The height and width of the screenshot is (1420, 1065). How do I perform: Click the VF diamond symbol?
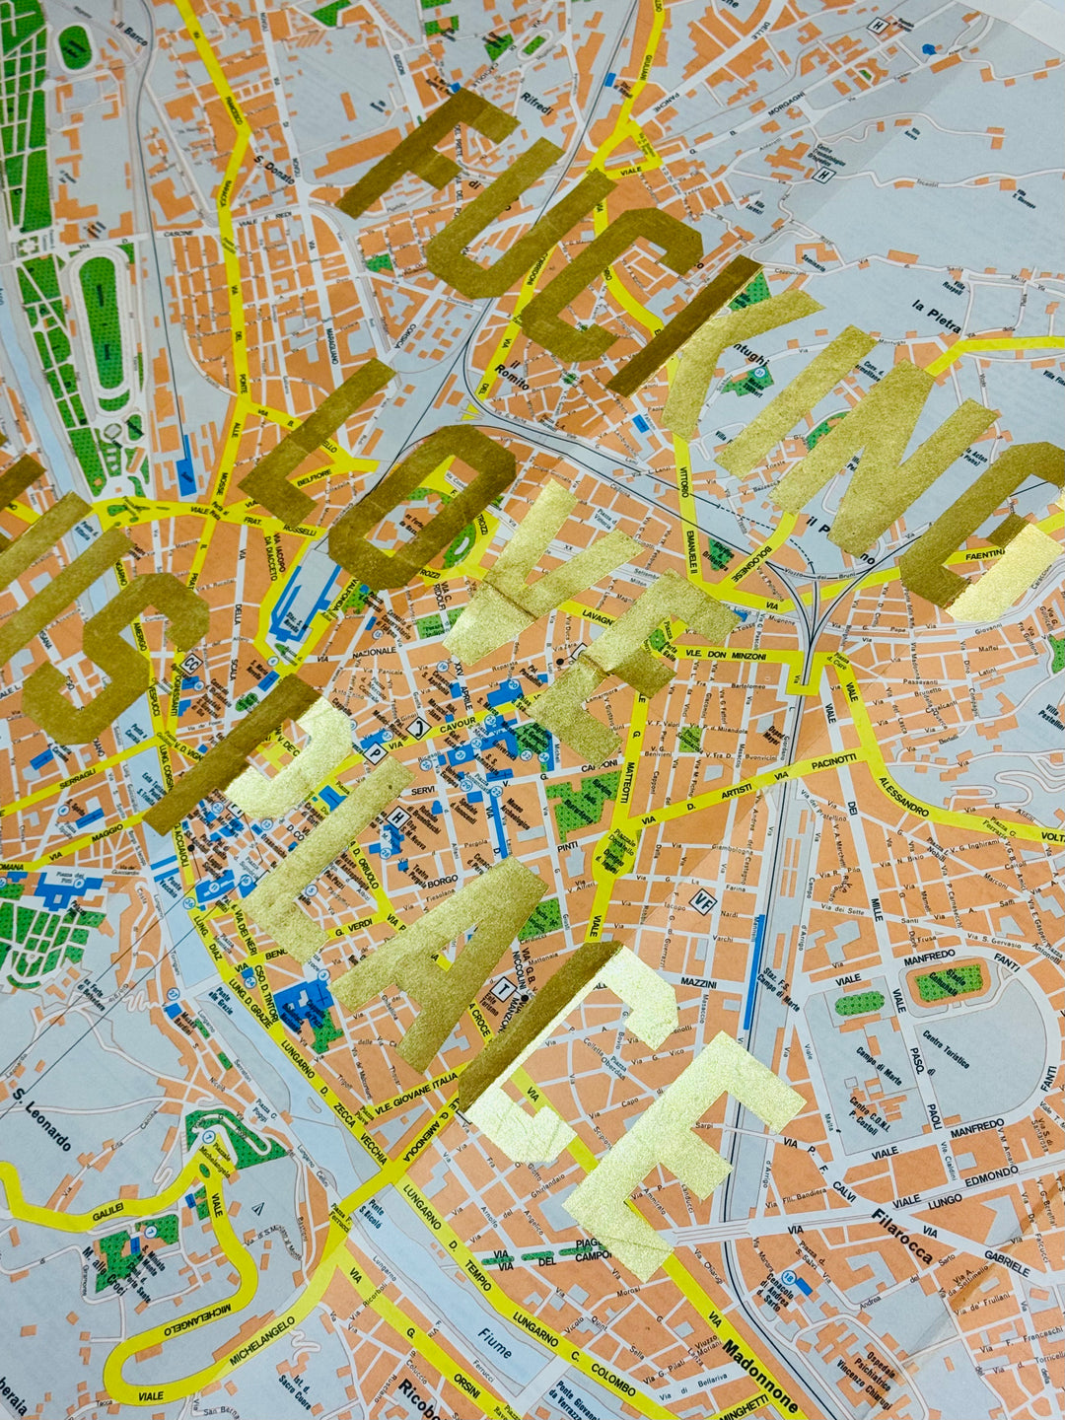click(703, 899)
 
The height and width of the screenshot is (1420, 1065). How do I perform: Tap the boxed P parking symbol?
click(375, 752)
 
